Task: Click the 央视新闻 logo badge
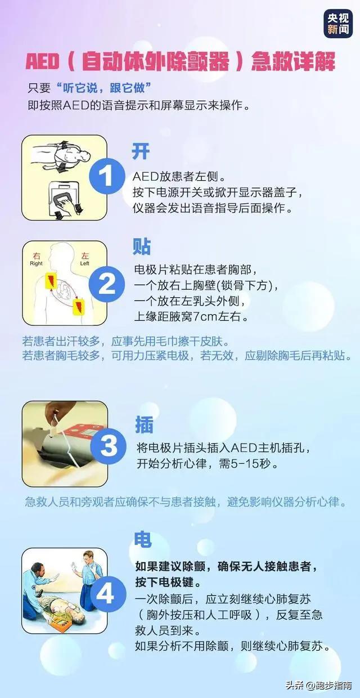pyautogui.click(x=338, y=24)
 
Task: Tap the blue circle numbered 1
pyautogui.click(x=107, y=176)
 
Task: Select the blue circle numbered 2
pyautogui.click(x=107, y=284)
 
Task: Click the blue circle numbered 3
pyautogui.click(x=109, y=446)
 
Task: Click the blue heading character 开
pyautogui.click(x=141, y=151)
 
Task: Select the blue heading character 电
pyautogui.click(x=143, y=539)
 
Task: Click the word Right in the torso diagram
pyautogui.click(x=36, y=263)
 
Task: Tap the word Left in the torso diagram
pyautogui.click(x=84, y=263)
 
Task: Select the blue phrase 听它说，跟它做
pyautogui.click(x=103, y=88)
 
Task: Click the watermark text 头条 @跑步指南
pyautogui.click(x=319, y=686)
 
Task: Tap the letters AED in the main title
pyautogui.click(x=42, y=61)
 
